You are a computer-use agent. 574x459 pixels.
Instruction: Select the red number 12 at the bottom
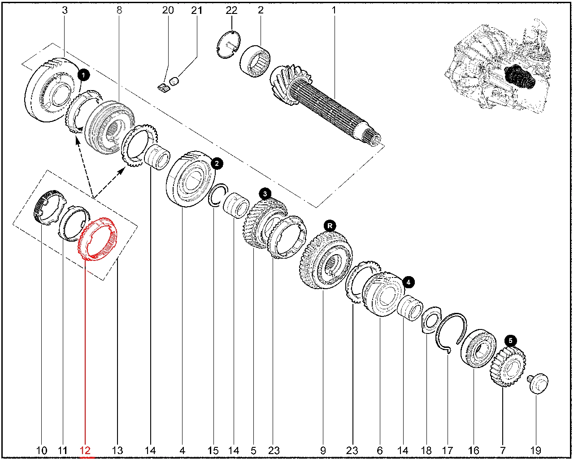[x=85, y=450]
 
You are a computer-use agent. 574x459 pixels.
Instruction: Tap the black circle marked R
[x=330, y=226]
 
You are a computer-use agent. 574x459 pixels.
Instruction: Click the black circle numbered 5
[x=510, y=341]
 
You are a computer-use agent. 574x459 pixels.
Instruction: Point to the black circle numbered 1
[x=84, y=75]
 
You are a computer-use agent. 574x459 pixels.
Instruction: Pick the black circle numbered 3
[x=265, y=194]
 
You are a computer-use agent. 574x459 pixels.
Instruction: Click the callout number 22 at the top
[x=231, y=10]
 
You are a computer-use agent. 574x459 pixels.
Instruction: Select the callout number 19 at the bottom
[x=535, y=450]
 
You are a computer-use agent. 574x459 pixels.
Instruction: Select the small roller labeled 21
[x=174, y=81]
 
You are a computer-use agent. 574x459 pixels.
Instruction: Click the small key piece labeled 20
[x=163, y=88]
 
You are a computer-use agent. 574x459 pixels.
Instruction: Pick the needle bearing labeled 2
[x=255, y=61]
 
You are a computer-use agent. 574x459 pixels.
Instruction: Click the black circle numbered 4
[x=409, y=282]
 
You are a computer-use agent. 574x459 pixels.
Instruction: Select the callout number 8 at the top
[x=119, y=10]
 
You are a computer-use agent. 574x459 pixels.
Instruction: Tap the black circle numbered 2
[x=217, y=164]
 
